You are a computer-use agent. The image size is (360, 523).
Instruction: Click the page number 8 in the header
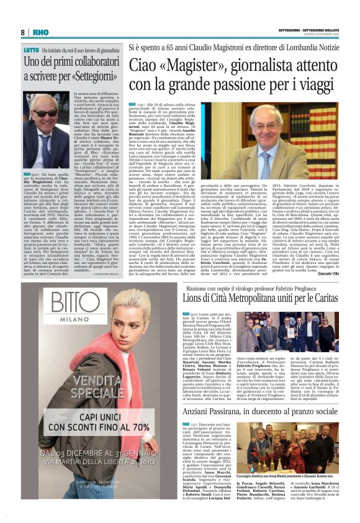[22, 32]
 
